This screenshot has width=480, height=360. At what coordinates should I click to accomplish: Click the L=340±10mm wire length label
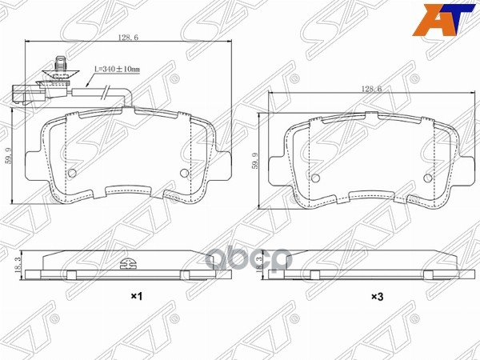point(117,70)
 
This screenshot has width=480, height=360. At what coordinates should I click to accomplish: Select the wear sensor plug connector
point(26,94)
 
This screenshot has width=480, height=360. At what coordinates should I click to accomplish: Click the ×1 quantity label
point(136,298)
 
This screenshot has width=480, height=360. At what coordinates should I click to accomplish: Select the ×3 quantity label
point(376,298)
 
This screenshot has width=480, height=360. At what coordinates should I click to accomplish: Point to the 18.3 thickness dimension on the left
point(17,265)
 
